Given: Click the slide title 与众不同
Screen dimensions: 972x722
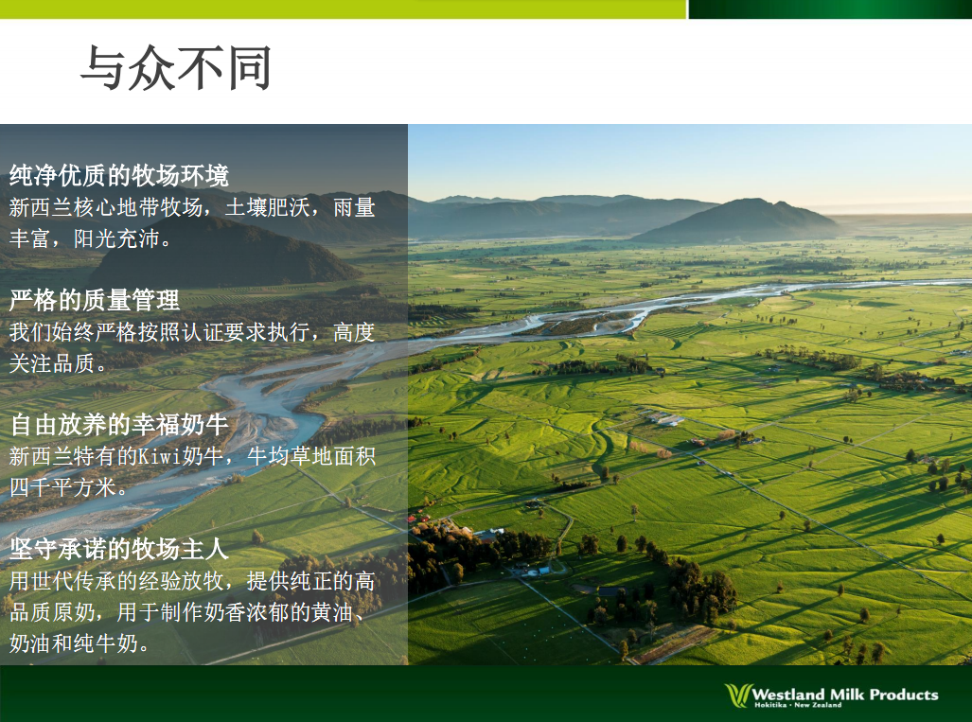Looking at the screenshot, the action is coord(176,67).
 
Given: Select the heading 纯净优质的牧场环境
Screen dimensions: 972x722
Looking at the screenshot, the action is coord(119,175).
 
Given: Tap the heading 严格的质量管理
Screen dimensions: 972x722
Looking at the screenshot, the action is coord(95,300).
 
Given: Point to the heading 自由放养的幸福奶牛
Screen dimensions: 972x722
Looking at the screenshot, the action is coord(119,425).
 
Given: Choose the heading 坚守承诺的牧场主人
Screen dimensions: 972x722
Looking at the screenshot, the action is coord(119,549).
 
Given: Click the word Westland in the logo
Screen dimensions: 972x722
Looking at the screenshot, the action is coord(787,695).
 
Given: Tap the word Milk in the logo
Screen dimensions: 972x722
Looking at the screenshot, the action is coord(847,695).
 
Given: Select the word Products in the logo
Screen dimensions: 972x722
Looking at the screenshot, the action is coord(904,695).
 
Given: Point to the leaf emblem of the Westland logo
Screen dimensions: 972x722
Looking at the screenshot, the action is coord(738,696).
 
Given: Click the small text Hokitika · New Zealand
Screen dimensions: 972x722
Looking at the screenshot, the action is coord(798,705).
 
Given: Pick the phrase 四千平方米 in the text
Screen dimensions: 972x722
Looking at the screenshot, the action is coord(62,487).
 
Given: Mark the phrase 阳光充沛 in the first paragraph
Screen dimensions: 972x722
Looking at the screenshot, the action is coord(116,238).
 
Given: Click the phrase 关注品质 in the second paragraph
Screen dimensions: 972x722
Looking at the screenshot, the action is coord(52,362).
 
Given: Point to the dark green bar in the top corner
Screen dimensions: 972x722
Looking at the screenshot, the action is coord(830,9).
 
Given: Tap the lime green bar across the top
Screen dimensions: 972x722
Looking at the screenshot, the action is coord(344,9).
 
